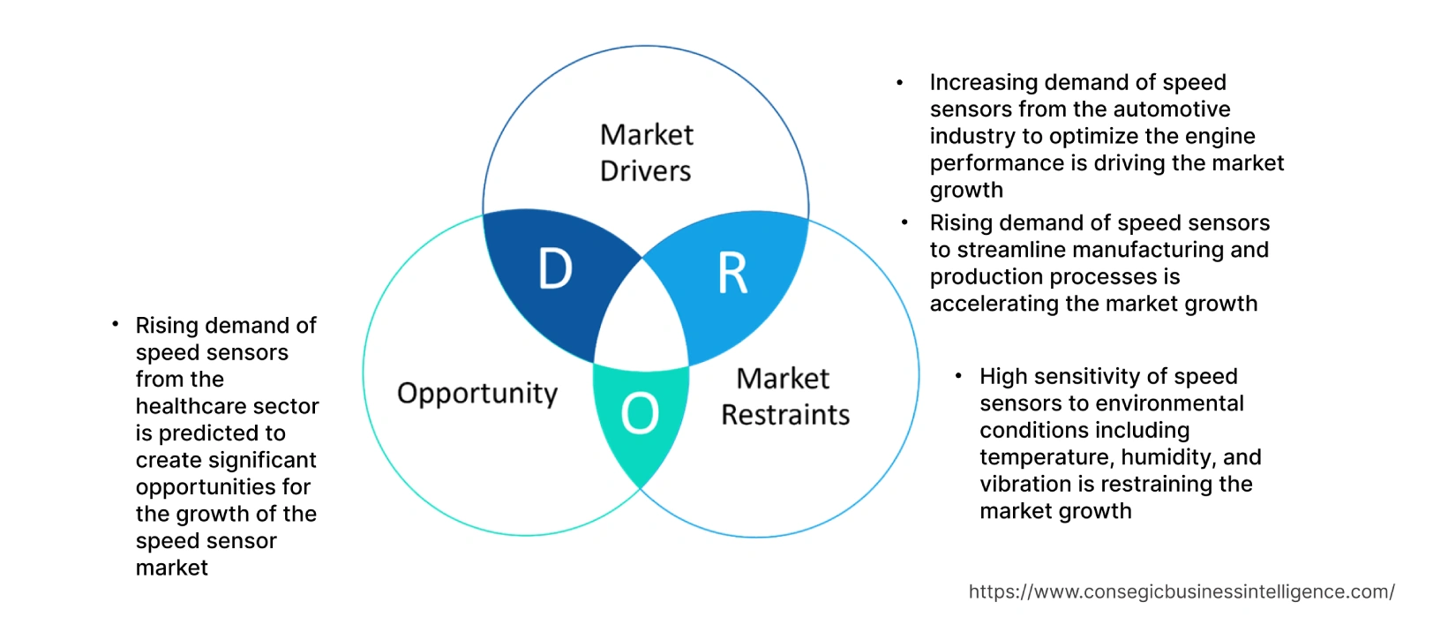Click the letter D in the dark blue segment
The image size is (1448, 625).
[x=555, y=269]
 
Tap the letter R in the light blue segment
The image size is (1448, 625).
[x=732, y=274]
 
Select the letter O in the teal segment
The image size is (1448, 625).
[x=640, y=413]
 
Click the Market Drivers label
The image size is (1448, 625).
[x=646, y=153]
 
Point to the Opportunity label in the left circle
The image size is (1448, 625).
[x=477, y=393]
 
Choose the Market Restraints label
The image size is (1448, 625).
[x=784, y=396]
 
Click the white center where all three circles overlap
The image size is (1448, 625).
[x=642, y=318]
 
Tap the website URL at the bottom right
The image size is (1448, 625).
[x=1181, y=592]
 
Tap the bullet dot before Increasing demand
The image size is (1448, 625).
[x=899, y=83]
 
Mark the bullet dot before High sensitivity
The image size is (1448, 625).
[x=958, y=377]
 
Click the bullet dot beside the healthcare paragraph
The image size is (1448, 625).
[x=115, y=325]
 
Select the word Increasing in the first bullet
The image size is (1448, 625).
[x=983, y=83]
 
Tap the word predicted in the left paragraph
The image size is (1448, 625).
[x=209, y=433]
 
